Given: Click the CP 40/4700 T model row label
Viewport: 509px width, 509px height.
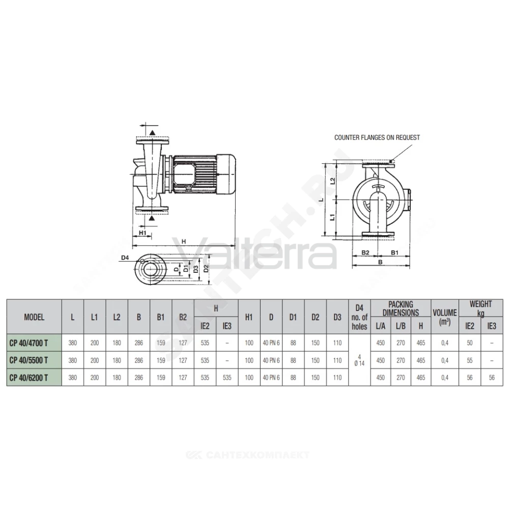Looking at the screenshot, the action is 29,343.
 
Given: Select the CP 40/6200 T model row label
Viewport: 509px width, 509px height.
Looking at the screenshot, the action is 29,378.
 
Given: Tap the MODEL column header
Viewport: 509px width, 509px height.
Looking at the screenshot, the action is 34,317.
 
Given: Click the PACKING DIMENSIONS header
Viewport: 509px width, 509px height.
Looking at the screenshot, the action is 401,308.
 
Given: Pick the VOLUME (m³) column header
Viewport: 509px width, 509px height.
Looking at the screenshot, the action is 445,317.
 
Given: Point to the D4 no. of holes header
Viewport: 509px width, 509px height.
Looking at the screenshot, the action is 359,317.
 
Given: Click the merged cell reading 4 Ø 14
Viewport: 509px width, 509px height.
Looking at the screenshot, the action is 359,360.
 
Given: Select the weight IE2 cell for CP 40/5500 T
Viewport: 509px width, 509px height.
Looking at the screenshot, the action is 470,360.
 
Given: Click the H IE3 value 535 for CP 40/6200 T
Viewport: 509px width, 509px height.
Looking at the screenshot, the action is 227,378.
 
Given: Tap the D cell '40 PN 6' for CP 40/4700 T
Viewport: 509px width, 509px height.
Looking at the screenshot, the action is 271,343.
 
